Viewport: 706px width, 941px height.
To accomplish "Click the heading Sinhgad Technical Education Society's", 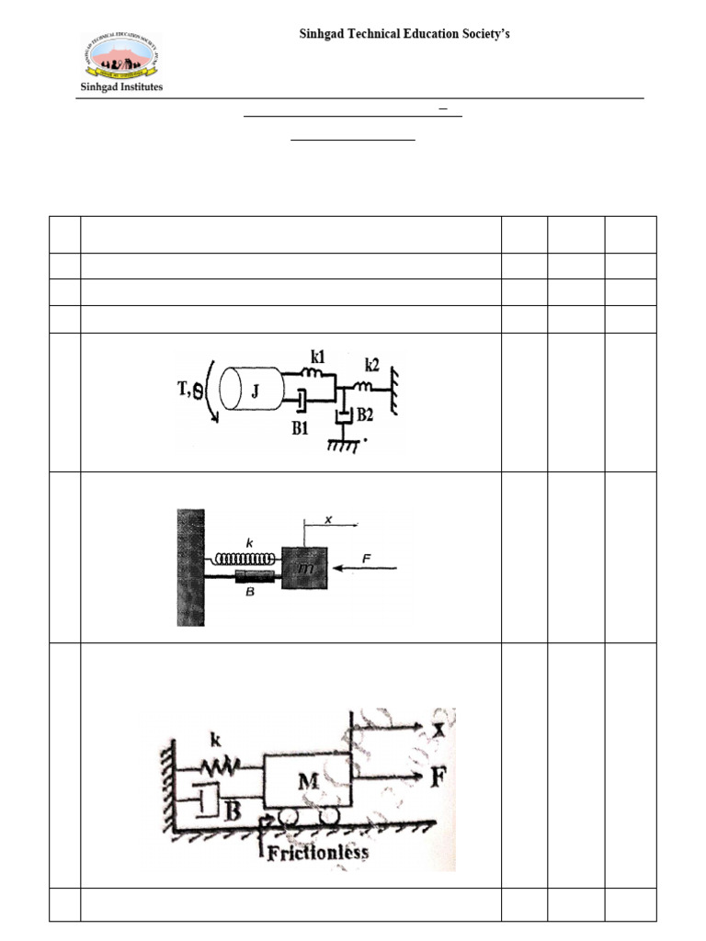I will click(x=404, y=34).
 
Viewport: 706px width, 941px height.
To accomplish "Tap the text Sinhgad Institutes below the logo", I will click(x=120, y=87).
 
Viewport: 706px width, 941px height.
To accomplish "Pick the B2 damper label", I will click(x=366, y=415).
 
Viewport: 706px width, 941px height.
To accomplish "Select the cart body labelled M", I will click(x=306, y=781).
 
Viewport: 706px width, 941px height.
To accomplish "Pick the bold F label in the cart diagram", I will click(x=439, y=777).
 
